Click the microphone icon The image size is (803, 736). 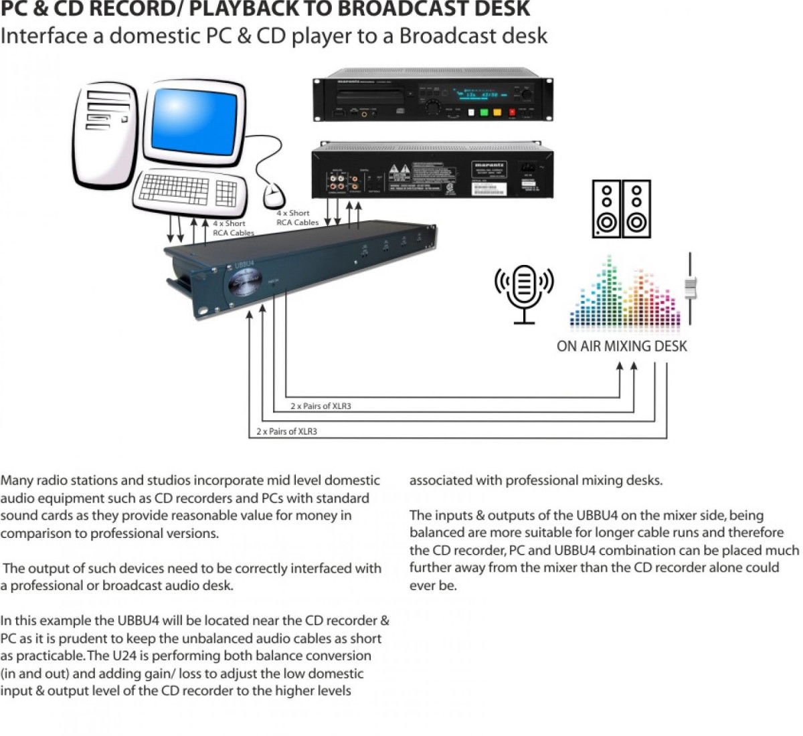[524, 292]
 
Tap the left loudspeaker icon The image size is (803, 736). [607, 208]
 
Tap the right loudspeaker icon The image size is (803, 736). [636, 208]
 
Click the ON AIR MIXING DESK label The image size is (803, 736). [622, 346]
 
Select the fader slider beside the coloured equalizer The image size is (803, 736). [690, 288]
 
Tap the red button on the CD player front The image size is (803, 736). [513, 112]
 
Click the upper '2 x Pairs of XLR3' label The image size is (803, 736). [321, 406]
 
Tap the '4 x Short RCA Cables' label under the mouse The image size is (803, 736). [297, 217]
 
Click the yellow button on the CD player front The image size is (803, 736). [497, 112]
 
